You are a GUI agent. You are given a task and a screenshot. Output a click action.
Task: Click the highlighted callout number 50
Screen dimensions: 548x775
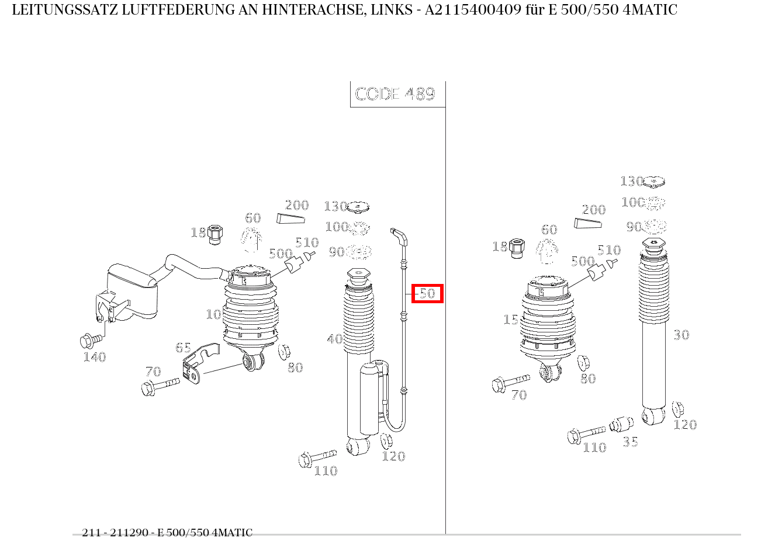click(x=428, y=293)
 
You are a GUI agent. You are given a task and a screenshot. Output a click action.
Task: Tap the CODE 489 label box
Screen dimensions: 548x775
click(x=396, y=94)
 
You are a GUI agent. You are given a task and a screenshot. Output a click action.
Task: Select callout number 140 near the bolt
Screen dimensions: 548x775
click(x=94, y=357)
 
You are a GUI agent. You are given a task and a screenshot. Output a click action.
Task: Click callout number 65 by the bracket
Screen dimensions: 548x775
click(x=183, y=348)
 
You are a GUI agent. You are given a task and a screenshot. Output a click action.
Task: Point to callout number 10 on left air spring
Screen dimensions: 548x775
click(x=213, y=314)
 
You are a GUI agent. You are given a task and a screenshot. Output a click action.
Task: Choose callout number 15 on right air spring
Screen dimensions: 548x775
click(x=510, y=320)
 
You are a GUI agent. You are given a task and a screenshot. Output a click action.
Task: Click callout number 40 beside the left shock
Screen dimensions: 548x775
click(x=334, y=339)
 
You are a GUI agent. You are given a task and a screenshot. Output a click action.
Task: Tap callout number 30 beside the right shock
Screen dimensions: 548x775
click(x=681, y=335)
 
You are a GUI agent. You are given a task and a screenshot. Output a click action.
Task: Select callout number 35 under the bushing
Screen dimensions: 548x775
click(x=630, y=442)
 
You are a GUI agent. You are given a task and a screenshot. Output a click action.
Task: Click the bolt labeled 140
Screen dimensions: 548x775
click(x=90, y=339)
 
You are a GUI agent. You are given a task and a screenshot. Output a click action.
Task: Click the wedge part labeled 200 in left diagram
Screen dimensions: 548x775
click(x=290, y=218)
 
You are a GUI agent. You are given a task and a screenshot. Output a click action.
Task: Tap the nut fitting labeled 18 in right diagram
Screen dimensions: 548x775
click(x=516, y=248)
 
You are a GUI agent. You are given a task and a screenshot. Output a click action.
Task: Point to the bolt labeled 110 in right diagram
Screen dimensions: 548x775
click(x=584, y=434)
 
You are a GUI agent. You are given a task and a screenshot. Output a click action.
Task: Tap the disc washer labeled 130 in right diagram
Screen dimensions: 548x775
click(x=654, y=182)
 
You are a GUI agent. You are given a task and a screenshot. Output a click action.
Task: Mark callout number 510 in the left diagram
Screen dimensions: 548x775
click(x=306, y=242)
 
